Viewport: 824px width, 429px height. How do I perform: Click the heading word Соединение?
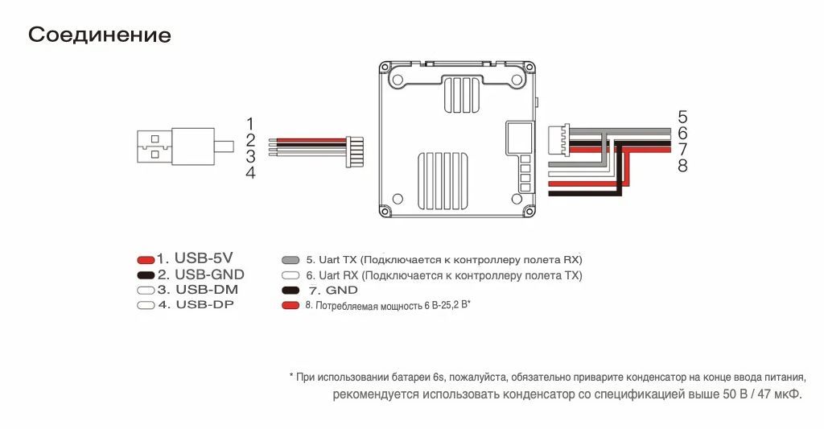(x=99, y=35)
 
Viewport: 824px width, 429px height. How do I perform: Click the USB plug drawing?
(x=185, y=146)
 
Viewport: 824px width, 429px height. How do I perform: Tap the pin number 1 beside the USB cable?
(x=250, y=124)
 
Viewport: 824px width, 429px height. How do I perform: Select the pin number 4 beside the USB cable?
(x=251, y=172)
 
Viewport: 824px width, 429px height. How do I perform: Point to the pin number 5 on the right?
(x=682, y=117)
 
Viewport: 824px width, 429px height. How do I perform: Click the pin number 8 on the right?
(x=682, y=166)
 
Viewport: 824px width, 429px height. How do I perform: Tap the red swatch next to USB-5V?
(x=146, y=260)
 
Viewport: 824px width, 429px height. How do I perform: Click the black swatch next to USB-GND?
(x=146, y=275)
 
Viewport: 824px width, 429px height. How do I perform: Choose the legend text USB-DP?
(x=205, y=304)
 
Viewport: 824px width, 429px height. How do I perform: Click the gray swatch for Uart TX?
(x=290, y=260)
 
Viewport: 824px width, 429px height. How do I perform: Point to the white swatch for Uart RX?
(x=290, y=275)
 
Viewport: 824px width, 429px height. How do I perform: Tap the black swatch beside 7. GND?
(x=290, y=291)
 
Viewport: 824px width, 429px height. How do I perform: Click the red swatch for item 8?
(x=290, y=306)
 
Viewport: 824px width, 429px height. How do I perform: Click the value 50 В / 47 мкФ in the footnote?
(x=763, y=394)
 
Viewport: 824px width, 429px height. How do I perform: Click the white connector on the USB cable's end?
(x=355, y=152)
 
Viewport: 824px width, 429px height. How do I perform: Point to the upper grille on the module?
(x=462, y=94)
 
